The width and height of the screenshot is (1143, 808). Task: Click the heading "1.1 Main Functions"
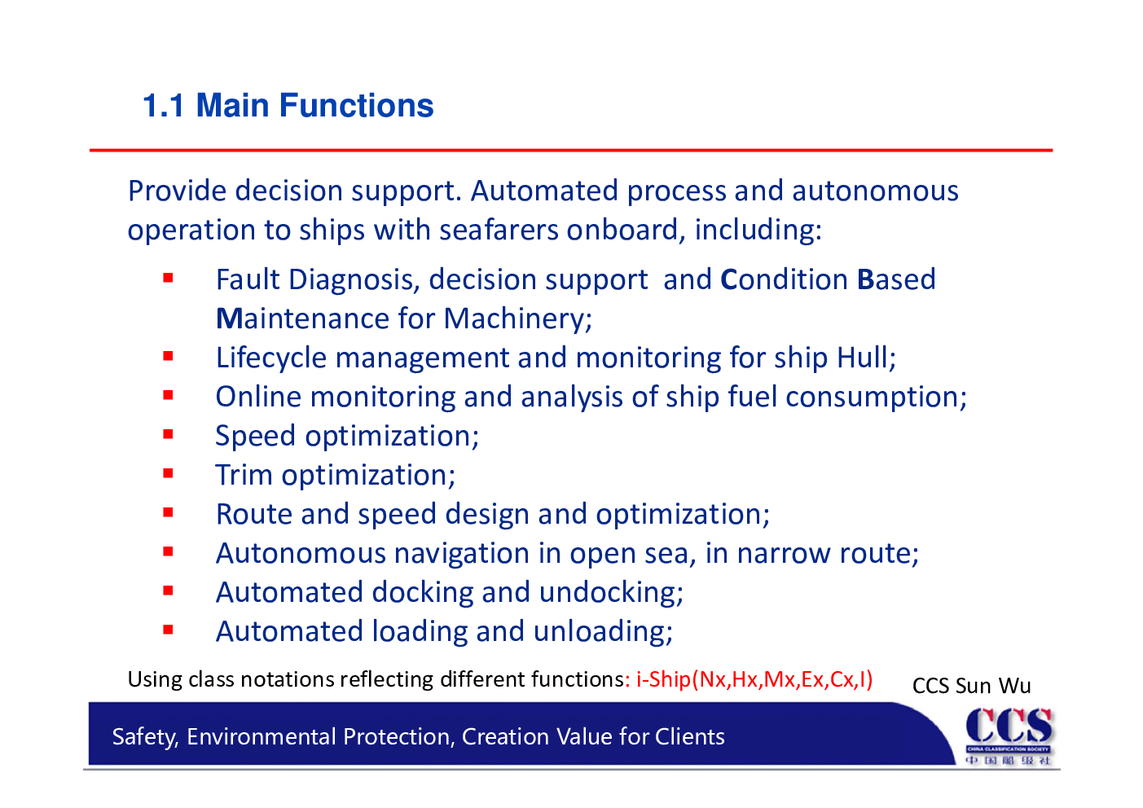coord(288,106)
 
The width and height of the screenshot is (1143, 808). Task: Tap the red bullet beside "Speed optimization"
coord(169,435)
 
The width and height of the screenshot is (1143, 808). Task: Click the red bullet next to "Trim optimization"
coord(169,474)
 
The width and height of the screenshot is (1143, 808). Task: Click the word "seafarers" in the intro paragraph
coord(499,230)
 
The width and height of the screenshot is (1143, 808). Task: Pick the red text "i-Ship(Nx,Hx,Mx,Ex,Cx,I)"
coord(754,680)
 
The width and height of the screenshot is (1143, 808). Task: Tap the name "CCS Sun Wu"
coord(972,686)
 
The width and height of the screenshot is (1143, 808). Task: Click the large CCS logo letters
coord(1009,726)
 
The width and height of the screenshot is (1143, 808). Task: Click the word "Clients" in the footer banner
coord(689,736)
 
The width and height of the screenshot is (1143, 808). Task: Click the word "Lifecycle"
coord(271,358)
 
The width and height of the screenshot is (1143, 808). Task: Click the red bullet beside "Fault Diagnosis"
coord(169,278)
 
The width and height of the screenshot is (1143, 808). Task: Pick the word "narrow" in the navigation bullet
coord(784,553)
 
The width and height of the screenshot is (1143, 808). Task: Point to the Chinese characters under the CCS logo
coord(1008,761)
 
